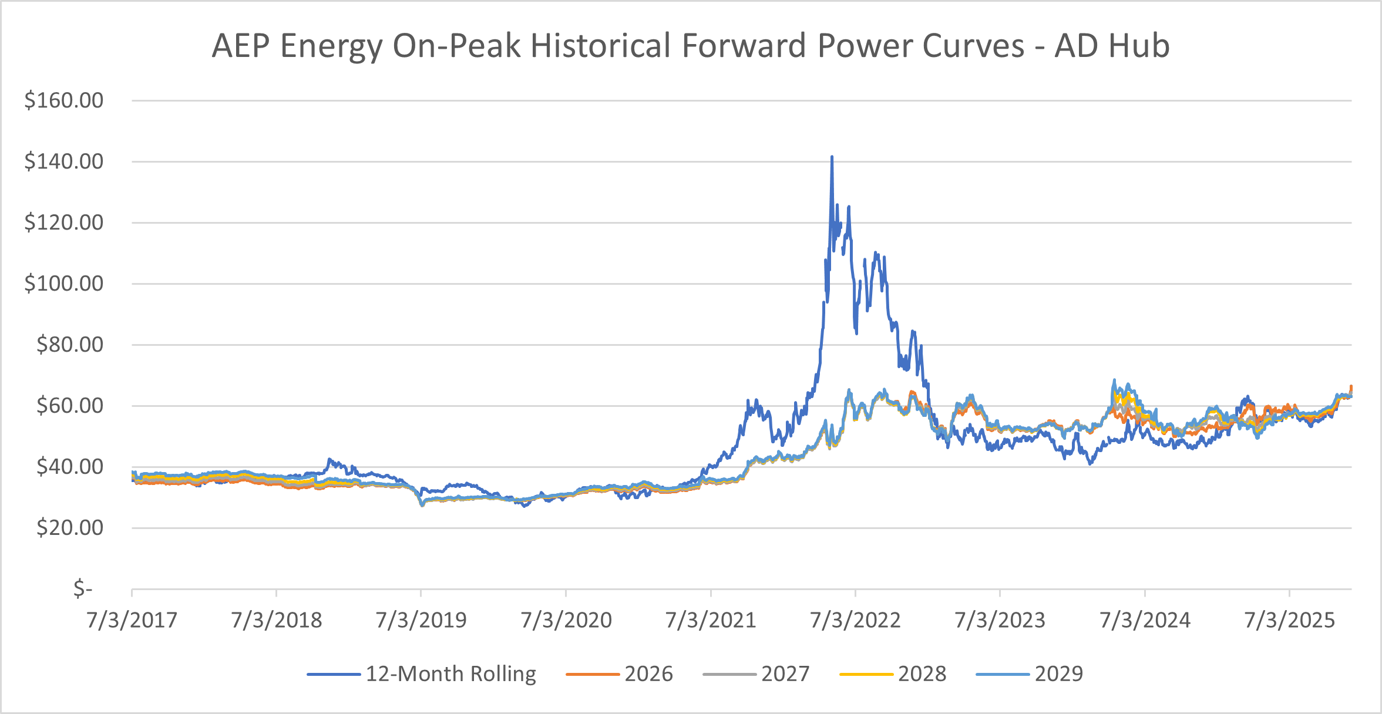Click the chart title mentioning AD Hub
point(691,46)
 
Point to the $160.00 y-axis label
point(63,100)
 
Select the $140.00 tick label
point(63,161)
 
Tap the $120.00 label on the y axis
point(63,223)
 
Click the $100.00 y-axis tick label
point(63,284)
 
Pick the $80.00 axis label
point(69,345)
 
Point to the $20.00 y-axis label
point(69,528)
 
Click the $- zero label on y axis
point(83,588)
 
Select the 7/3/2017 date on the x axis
point(132,620)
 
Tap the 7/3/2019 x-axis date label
point(421,620)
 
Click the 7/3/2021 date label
point(711,620)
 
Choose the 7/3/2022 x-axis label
point(855,620)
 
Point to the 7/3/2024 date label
point(1145,620)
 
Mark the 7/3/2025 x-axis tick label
point(1290,620)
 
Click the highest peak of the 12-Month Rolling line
point(832,157)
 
